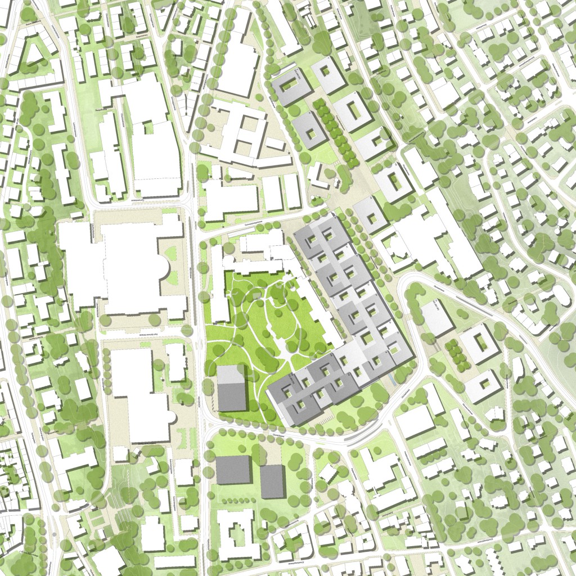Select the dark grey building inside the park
click(231, 388)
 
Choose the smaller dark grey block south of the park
click(272, 481)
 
